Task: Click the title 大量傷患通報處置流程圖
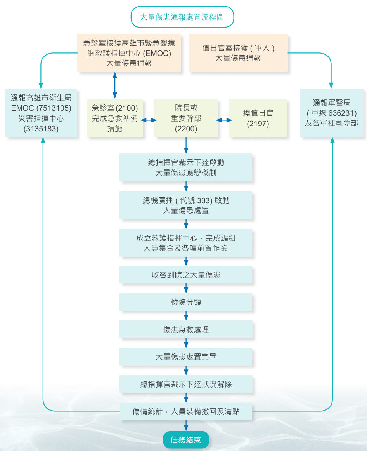coord(182,17)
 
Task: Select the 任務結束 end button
coord(186,440)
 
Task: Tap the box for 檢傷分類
coord(186,302)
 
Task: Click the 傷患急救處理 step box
coord(186,329)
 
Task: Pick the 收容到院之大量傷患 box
coord(186,275)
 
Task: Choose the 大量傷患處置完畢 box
coord(186,357)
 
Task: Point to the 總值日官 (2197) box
coord(258,118)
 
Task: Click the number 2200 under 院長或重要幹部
coord(186,129)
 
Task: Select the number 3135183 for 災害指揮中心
coord(41,129)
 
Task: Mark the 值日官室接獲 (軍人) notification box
coord(238,53)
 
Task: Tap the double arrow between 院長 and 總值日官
coord(224,120)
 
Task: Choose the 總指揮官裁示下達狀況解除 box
coord(186,384)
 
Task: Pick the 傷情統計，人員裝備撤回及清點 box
coord(186,411)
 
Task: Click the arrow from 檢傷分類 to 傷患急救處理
coord(186,315)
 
